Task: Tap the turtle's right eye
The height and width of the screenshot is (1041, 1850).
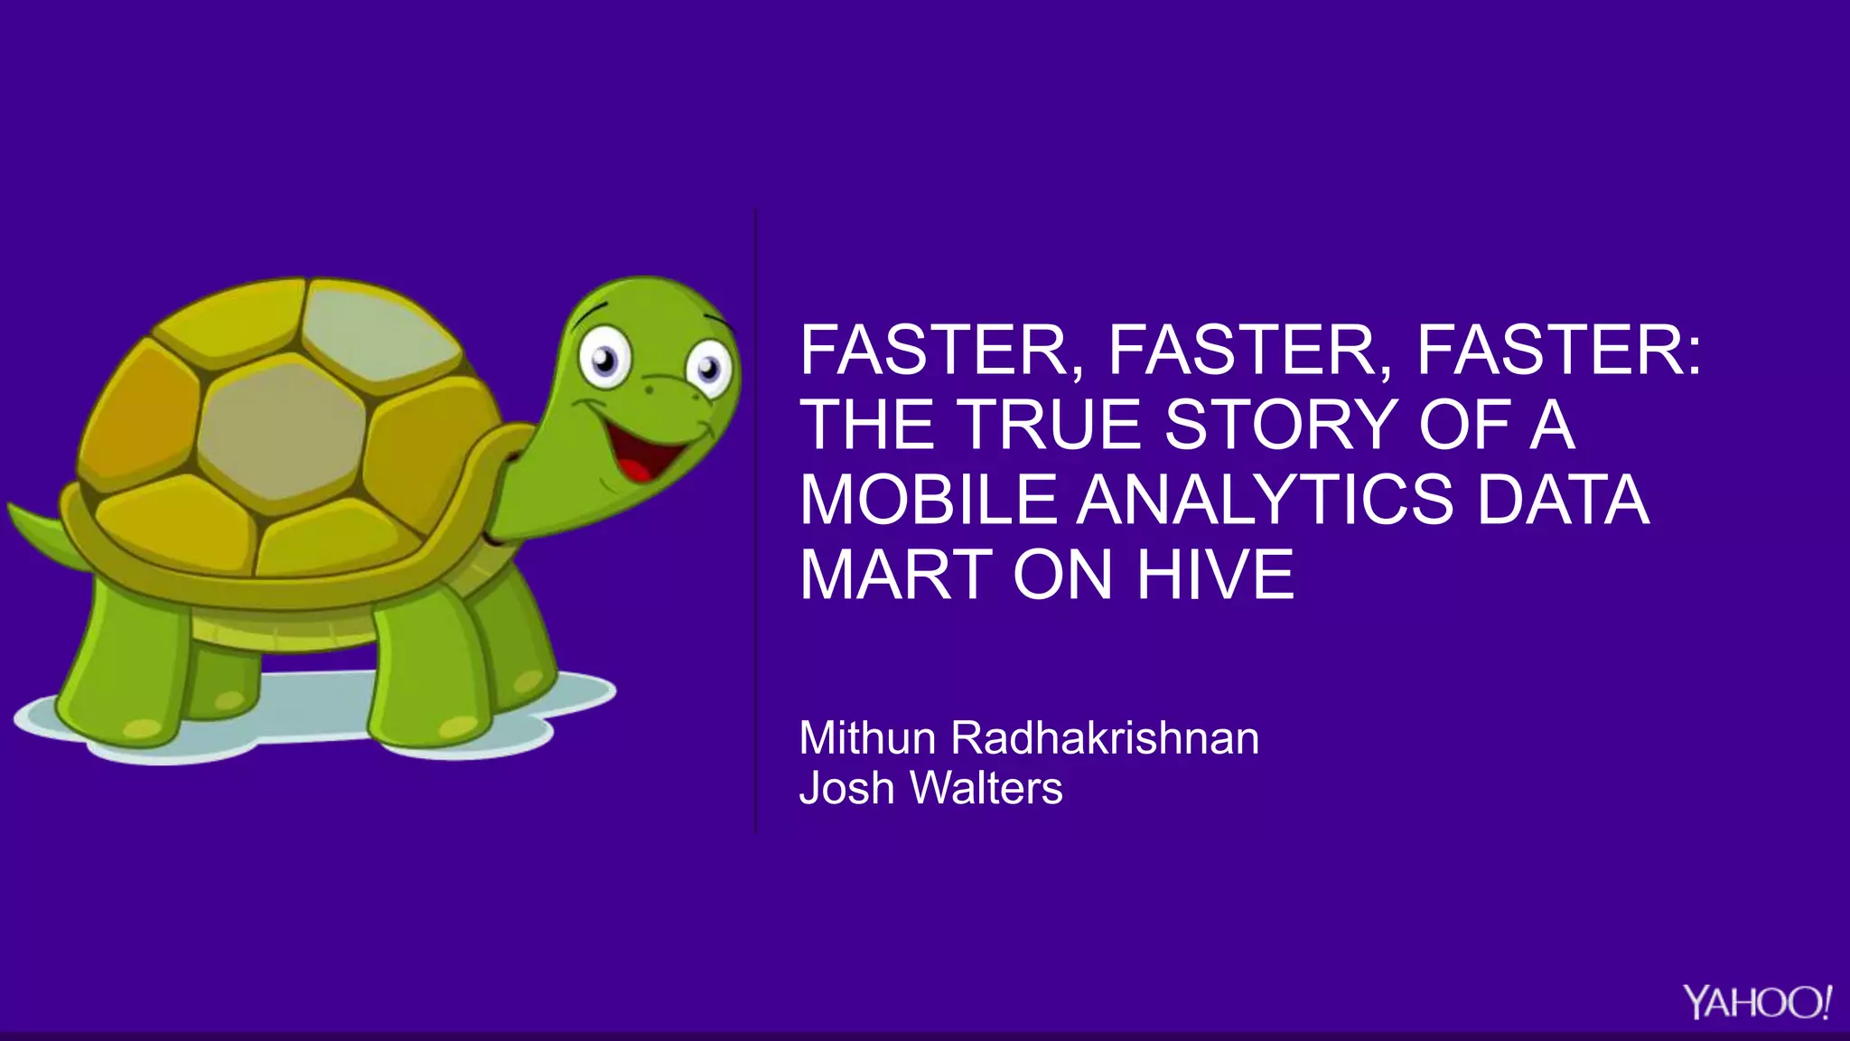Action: pyautogui.click(x=711, y=369)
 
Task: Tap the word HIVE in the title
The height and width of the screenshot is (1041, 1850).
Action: pyautogui.click(x=1215, y=575)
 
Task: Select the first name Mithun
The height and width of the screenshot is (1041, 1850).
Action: pyautogui.click(x=867, y=738)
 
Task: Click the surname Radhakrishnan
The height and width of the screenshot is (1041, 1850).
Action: pyautogui.click(x=1105, y=738)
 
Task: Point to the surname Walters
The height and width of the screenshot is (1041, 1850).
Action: pyautogui.click(x=986, y=788)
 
